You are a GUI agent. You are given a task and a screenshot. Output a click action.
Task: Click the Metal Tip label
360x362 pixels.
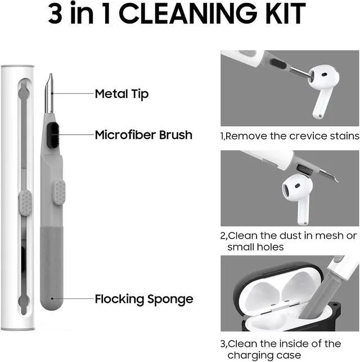(121, 94)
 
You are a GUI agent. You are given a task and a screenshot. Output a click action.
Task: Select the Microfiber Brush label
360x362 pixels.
(143, 135)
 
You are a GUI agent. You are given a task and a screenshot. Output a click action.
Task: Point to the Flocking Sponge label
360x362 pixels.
(144, 299)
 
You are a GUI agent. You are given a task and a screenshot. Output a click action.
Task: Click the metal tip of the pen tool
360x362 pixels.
(49, 93)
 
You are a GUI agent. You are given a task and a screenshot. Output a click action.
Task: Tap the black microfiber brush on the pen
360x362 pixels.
(53, 135)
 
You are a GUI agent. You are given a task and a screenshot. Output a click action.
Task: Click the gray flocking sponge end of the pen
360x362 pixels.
(51, 268)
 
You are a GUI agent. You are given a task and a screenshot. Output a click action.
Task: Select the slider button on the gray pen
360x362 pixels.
(59, 193)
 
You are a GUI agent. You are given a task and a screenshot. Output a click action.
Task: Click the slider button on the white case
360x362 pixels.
(25, 203)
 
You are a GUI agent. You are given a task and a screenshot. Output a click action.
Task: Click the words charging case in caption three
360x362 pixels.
(264, 355)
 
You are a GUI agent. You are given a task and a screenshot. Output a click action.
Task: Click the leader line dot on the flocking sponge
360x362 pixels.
(52, 298)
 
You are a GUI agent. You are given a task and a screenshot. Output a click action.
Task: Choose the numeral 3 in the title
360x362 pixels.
(55, 14)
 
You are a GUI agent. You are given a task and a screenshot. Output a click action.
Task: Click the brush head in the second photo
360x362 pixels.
(304, 170)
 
